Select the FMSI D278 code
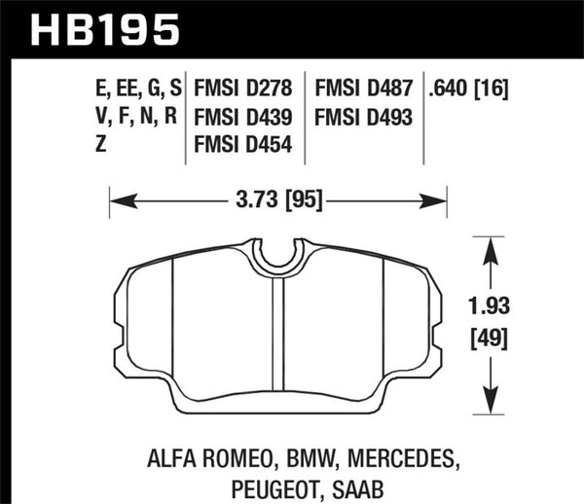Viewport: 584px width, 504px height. click(x=247, y=90)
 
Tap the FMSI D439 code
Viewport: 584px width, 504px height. click(x=247, y=119)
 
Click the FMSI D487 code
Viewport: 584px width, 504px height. click(x=364, y=90)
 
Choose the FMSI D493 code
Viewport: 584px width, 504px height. click(x=364, y=119)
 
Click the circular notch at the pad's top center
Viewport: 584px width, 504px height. click(x=278, y=255)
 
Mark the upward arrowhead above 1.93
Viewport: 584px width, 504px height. click(x=490, y=245)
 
